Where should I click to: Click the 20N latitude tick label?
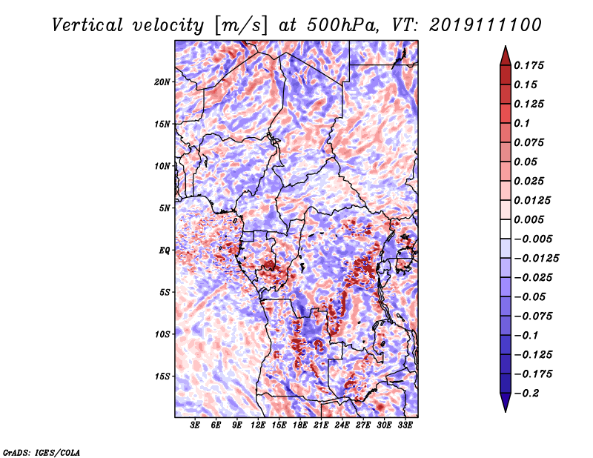pos(162,82)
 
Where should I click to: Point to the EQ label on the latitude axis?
pos(164,250)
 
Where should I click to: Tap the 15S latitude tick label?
pos(162,376)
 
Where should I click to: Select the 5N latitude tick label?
pos(165,208)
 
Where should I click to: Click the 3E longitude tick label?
pos(195,425)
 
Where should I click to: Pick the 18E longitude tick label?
pos(299,425)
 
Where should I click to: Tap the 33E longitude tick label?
pos(405,425)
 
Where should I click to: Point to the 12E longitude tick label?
pos(257,425)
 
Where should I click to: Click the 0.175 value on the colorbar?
pos(529,65)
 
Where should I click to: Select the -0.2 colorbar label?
pos(526,394)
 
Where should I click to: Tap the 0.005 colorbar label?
pos(529,219)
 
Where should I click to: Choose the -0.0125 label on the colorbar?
pos(536,259)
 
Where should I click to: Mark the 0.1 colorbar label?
pos(522,123)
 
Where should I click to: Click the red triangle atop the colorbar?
pos(506,56)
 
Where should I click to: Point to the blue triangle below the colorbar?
pos(506,402)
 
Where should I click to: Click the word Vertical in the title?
pos(87,25)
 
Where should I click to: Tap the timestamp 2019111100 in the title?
pos(486,25)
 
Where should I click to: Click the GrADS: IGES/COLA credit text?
pos(42,452)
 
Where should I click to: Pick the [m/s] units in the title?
pos(241,25)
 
